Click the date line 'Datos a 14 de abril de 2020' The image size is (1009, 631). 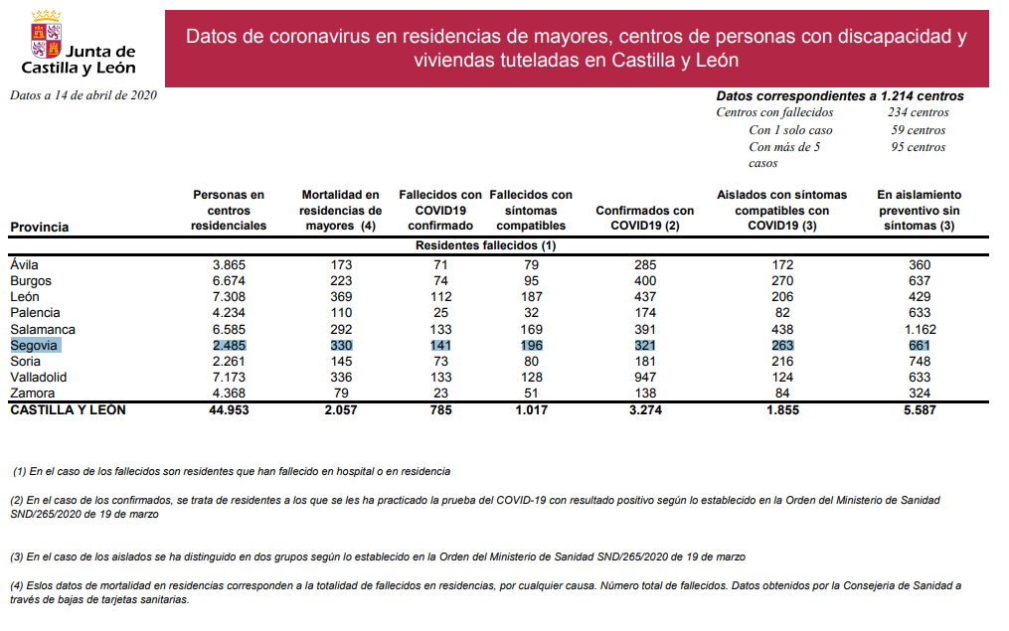coord(84,95)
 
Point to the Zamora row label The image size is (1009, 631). coord(31,394)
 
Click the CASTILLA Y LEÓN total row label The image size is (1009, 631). coord(68,409)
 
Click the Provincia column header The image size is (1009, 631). coord(39,228)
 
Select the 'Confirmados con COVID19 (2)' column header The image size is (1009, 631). coord(644,219)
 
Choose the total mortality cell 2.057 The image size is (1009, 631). coord(340,409)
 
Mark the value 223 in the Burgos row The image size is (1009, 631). coord(340,281)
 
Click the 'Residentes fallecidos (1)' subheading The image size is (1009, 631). coord(485,244)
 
